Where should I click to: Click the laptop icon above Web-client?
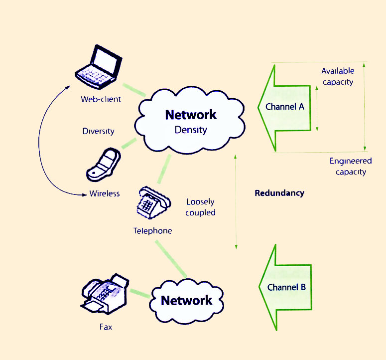[x=99, y=64]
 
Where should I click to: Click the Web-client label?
[x=101, y=99]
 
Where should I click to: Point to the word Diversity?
[x=98, y=132]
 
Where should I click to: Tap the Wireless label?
[x=105, y=193]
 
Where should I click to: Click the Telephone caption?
[x=152, y=231]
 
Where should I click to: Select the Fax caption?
[x=106, y=327]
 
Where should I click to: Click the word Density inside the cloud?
[x=191, y=130]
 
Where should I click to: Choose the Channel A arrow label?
[x=285, y=107]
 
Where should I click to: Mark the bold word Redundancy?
[x=279, y=193]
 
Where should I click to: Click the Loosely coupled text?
[x=200, y=207]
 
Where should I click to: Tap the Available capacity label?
[x=337, y=76]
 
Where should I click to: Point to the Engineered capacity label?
[x=351, y=167]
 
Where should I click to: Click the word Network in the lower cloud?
[x=187, y=301]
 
